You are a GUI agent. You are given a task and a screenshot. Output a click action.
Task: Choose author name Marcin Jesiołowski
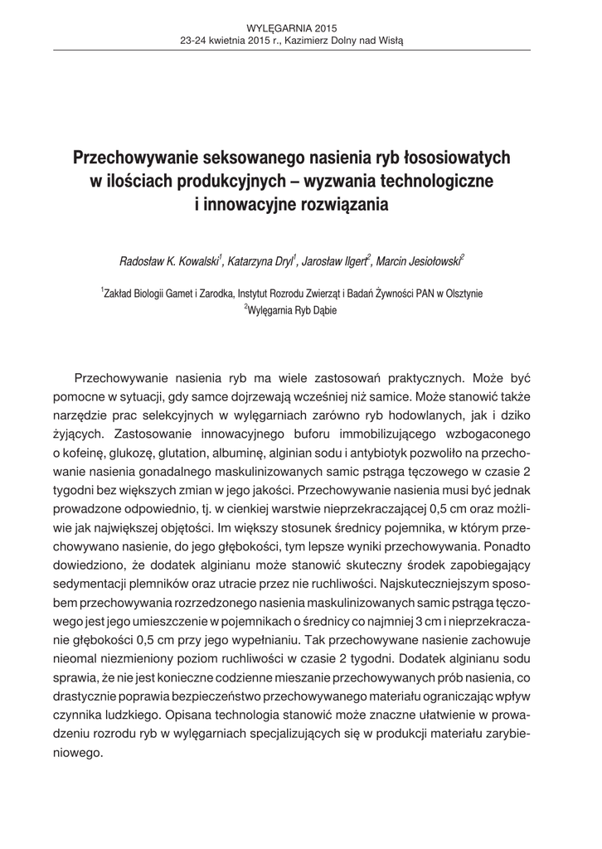421,262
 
